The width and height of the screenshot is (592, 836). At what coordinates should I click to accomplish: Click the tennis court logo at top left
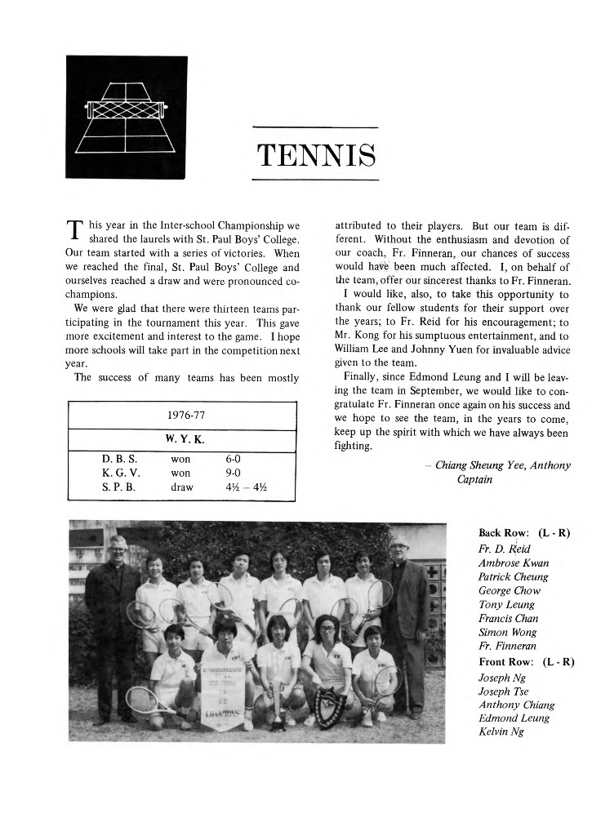tap(126, 117)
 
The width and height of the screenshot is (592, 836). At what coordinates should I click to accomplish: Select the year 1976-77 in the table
tap(185, 415)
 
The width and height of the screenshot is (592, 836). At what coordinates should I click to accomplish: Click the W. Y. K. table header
tap(185, 438)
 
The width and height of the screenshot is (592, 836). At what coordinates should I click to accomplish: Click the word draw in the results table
tap(181, 487)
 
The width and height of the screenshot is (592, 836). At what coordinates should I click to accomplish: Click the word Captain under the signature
tap(474, 479)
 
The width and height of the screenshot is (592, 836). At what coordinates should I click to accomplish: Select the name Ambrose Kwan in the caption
tap(514, 563)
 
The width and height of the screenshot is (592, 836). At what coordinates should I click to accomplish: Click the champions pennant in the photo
tap(223, 683)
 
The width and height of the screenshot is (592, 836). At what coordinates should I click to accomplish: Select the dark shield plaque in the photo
tap(331, 701)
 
